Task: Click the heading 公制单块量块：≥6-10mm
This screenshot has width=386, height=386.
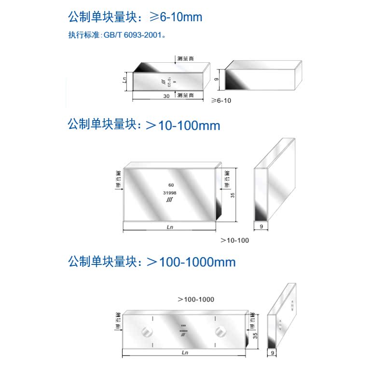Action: click(x=135, y=18)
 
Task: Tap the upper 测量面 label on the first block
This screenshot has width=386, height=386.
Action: click(x=185, y=58)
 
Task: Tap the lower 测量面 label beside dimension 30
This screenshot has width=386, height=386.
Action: click(x=185, y=96)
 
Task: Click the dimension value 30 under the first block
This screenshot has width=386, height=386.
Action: click(x=166, y=96)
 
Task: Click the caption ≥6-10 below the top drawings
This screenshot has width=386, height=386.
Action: click(x=221, y=100)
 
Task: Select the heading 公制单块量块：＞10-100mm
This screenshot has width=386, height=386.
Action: click(x=144, y=125)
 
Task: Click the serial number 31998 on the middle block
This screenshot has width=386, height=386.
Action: click(x=169, y=193)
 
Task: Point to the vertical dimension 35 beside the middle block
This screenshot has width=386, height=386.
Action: click(x=232, y=195)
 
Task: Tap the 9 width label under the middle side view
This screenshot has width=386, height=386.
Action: click(x=261, y=225)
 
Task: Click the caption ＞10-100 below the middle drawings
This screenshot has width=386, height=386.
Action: click(x=234, y=240)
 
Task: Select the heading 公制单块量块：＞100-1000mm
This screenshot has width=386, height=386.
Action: click(x=152, y=262)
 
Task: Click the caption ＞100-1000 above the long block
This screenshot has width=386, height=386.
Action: click(x=195, y=300)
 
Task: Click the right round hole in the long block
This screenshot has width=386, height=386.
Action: click(x=221, y=331)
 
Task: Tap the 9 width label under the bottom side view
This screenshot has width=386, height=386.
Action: click(x=273, y=354)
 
